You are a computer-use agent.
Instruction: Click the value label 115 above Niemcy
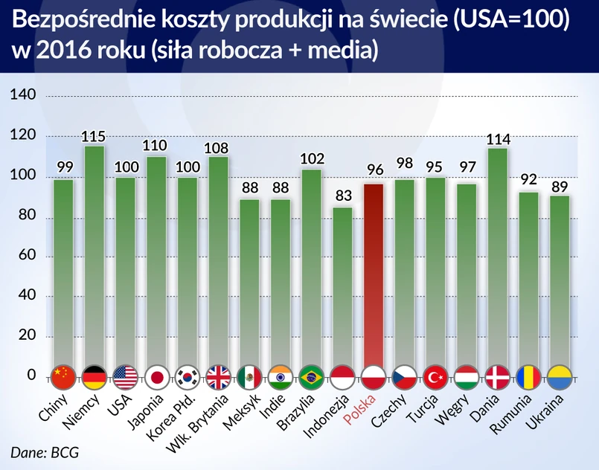coord(94,136)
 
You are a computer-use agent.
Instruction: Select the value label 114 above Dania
coord(497,139)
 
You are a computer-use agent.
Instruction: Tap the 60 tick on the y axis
coord(28,257)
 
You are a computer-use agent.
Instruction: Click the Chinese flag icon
coord(63,376)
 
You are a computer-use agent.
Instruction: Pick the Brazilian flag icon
coord(311,376)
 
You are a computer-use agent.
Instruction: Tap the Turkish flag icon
coord(435,376)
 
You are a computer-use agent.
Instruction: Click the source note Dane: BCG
coord(45,452)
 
